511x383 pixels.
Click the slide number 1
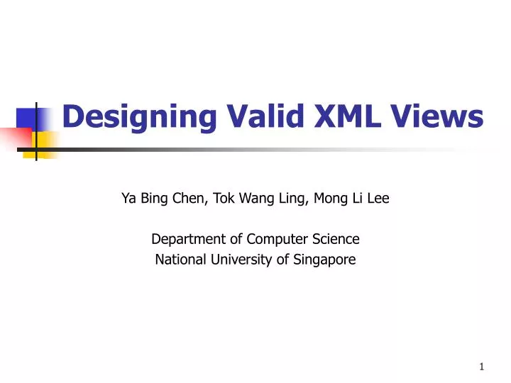[481, 367]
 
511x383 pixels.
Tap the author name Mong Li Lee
[354, 199]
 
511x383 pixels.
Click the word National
[178, 260]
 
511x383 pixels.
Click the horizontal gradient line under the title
[248, 150]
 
